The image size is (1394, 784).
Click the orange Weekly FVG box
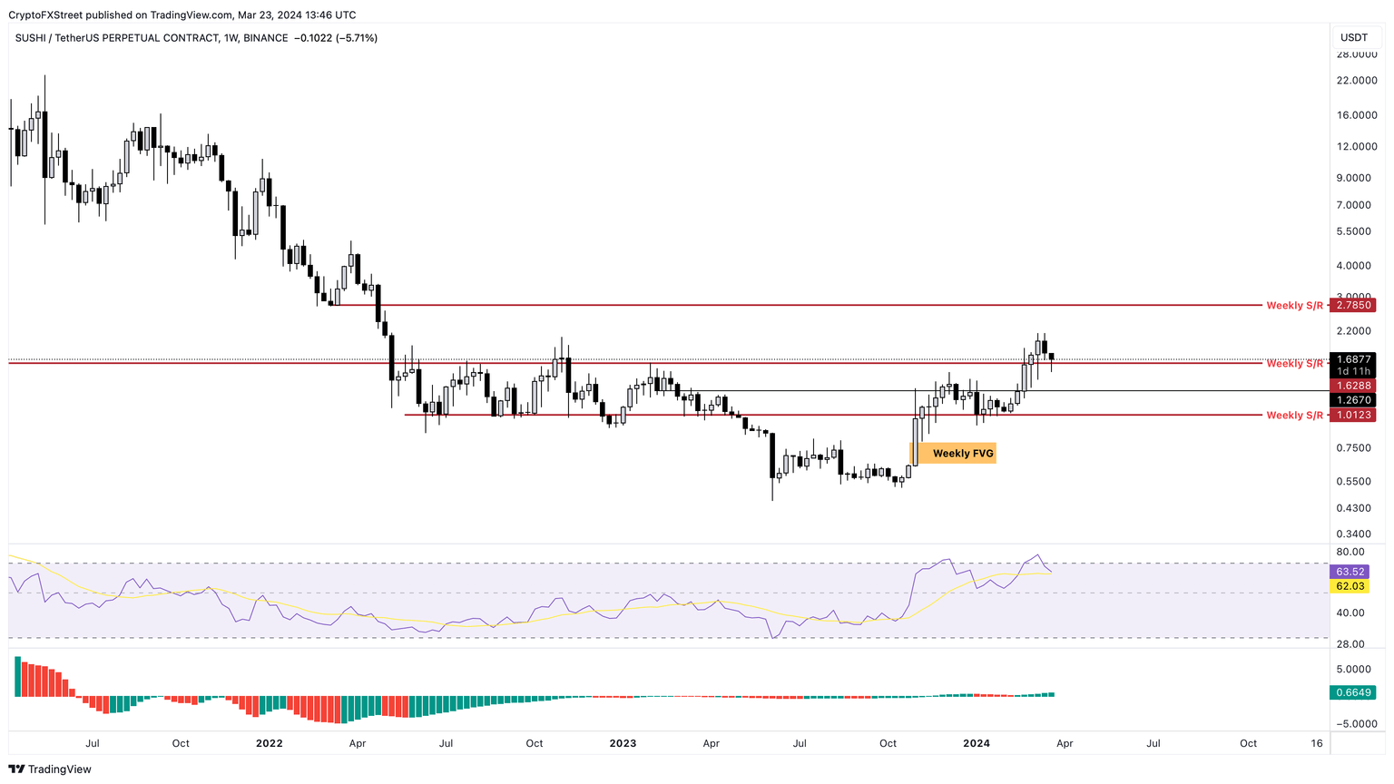(952, 453)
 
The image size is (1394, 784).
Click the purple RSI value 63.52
(1350, 572)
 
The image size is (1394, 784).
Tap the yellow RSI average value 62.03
(1350, 586)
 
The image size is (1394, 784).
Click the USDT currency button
(1354, 37)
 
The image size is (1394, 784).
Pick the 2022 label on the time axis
(270, 743)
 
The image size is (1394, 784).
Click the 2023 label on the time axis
(623, 743)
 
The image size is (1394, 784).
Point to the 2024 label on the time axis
(977, 743)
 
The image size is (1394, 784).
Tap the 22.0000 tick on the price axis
(1356, 81)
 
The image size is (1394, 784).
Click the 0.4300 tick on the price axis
(1356, 507)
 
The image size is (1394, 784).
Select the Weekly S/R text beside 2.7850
(1294, 306)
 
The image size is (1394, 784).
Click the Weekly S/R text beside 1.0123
(1294, 416)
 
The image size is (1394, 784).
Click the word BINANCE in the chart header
(266, 38)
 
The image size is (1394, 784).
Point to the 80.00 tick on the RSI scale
(1350, 552)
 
